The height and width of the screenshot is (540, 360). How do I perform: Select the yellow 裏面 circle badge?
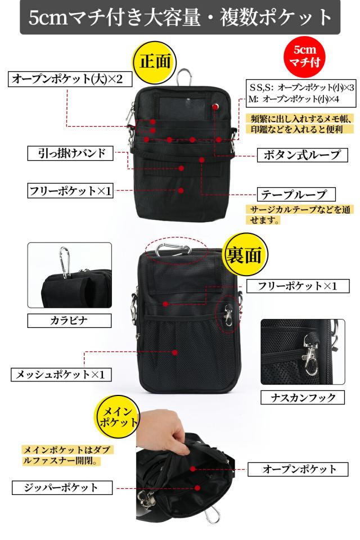(244, 255)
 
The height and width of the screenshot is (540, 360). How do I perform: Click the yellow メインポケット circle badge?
(117, 416)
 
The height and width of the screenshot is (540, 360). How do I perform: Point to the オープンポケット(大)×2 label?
(70, 79)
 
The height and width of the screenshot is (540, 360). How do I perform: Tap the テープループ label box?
(296, 195)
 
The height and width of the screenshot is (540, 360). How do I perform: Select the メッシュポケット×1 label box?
(61, 374)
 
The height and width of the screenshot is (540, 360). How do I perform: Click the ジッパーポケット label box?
(62, 487)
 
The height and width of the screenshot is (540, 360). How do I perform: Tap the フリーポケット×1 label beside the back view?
(296, 286)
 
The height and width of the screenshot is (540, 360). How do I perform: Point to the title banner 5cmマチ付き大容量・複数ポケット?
(180, 17)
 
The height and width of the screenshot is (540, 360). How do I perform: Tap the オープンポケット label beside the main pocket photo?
(300, 469)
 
